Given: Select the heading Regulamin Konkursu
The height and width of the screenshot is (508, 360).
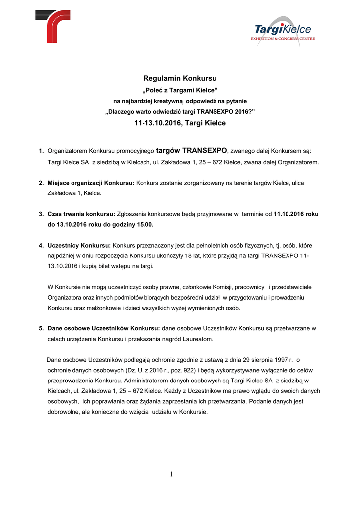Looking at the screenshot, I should tap(180, 78).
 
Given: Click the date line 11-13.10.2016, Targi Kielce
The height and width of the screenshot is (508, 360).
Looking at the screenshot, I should tap(180, 123).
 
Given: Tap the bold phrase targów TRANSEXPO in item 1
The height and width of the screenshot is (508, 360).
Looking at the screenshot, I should tap(191, 150).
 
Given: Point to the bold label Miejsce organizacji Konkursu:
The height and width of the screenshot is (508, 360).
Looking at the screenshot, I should tap(91, 183).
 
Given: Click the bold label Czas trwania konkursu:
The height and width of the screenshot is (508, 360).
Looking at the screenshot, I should tap(81, 214).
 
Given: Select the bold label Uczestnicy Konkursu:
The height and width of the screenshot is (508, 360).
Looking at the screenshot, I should tap(79, 245).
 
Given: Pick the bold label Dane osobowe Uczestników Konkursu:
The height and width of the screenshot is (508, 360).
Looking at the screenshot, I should tap(104, 328).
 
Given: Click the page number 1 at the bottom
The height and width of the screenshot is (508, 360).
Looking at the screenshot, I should tap(171, 474).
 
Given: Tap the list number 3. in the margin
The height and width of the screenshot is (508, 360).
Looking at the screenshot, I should tap(42, 214).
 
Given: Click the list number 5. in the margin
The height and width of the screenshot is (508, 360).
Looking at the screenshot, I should tap(42, 328).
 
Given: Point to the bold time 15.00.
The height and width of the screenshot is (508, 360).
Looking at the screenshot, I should tap(145, 225).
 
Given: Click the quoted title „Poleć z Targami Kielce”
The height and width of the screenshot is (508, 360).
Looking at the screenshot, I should tap(180, 90).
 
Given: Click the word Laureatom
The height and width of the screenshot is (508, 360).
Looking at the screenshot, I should tap(198, 339).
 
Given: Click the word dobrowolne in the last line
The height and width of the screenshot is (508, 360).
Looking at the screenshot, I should tap(65, 412).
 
